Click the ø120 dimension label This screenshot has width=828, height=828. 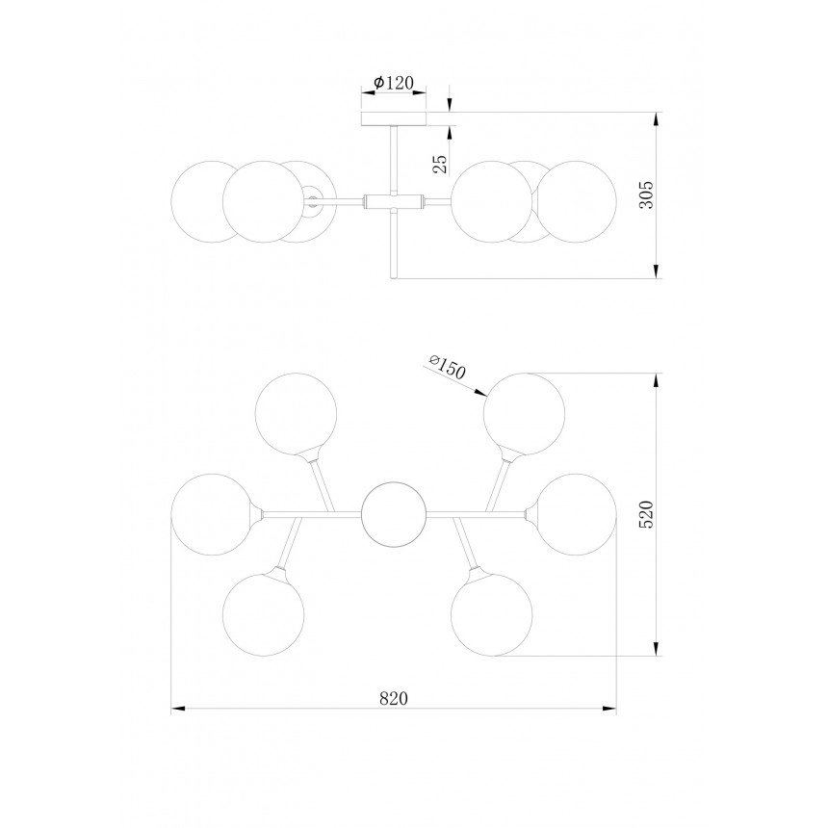[x=393, y=83]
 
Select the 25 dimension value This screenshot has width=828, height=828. [x=440, y=165]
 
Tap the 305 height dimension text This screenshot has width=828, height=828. [x=646, y=194]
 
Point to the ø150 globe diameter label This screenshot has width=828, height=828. [x=448, y=368]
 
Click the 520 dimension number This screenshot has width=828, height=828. [x=646, y=514]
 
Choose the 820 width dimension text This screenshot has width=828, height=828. [x=394, y=698]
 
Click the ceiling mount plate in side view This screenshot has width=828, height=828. [x=394, y=118]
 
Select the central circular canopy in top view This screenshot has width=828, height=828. [x=394, y=513]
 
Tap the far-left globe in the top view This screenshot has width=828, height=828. [x=212, y=514]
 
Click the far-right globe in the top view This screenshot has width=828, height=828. [x=576, y=514]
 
